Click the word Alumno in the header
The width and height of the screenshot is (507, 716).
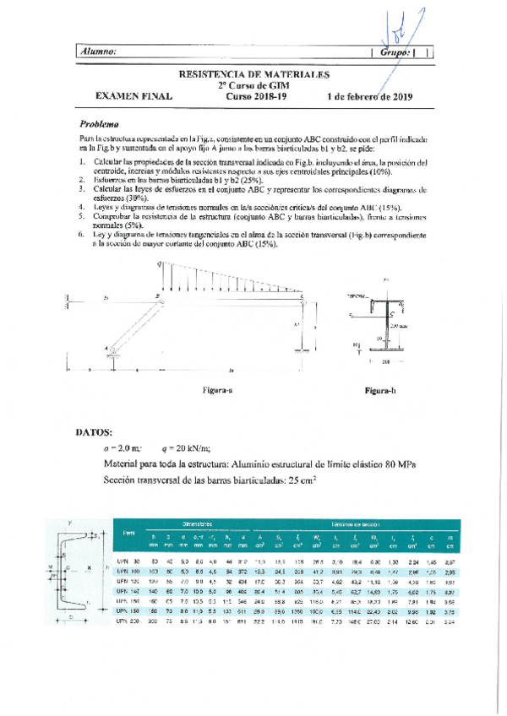coord(99,52)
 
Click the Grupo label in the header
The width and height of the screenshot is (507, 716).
coord(395,52)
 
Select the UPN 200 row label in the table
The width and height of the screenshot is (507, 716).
coord(126,621)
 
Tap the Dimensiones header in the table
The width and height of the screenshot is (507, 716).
coord(195,524)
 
